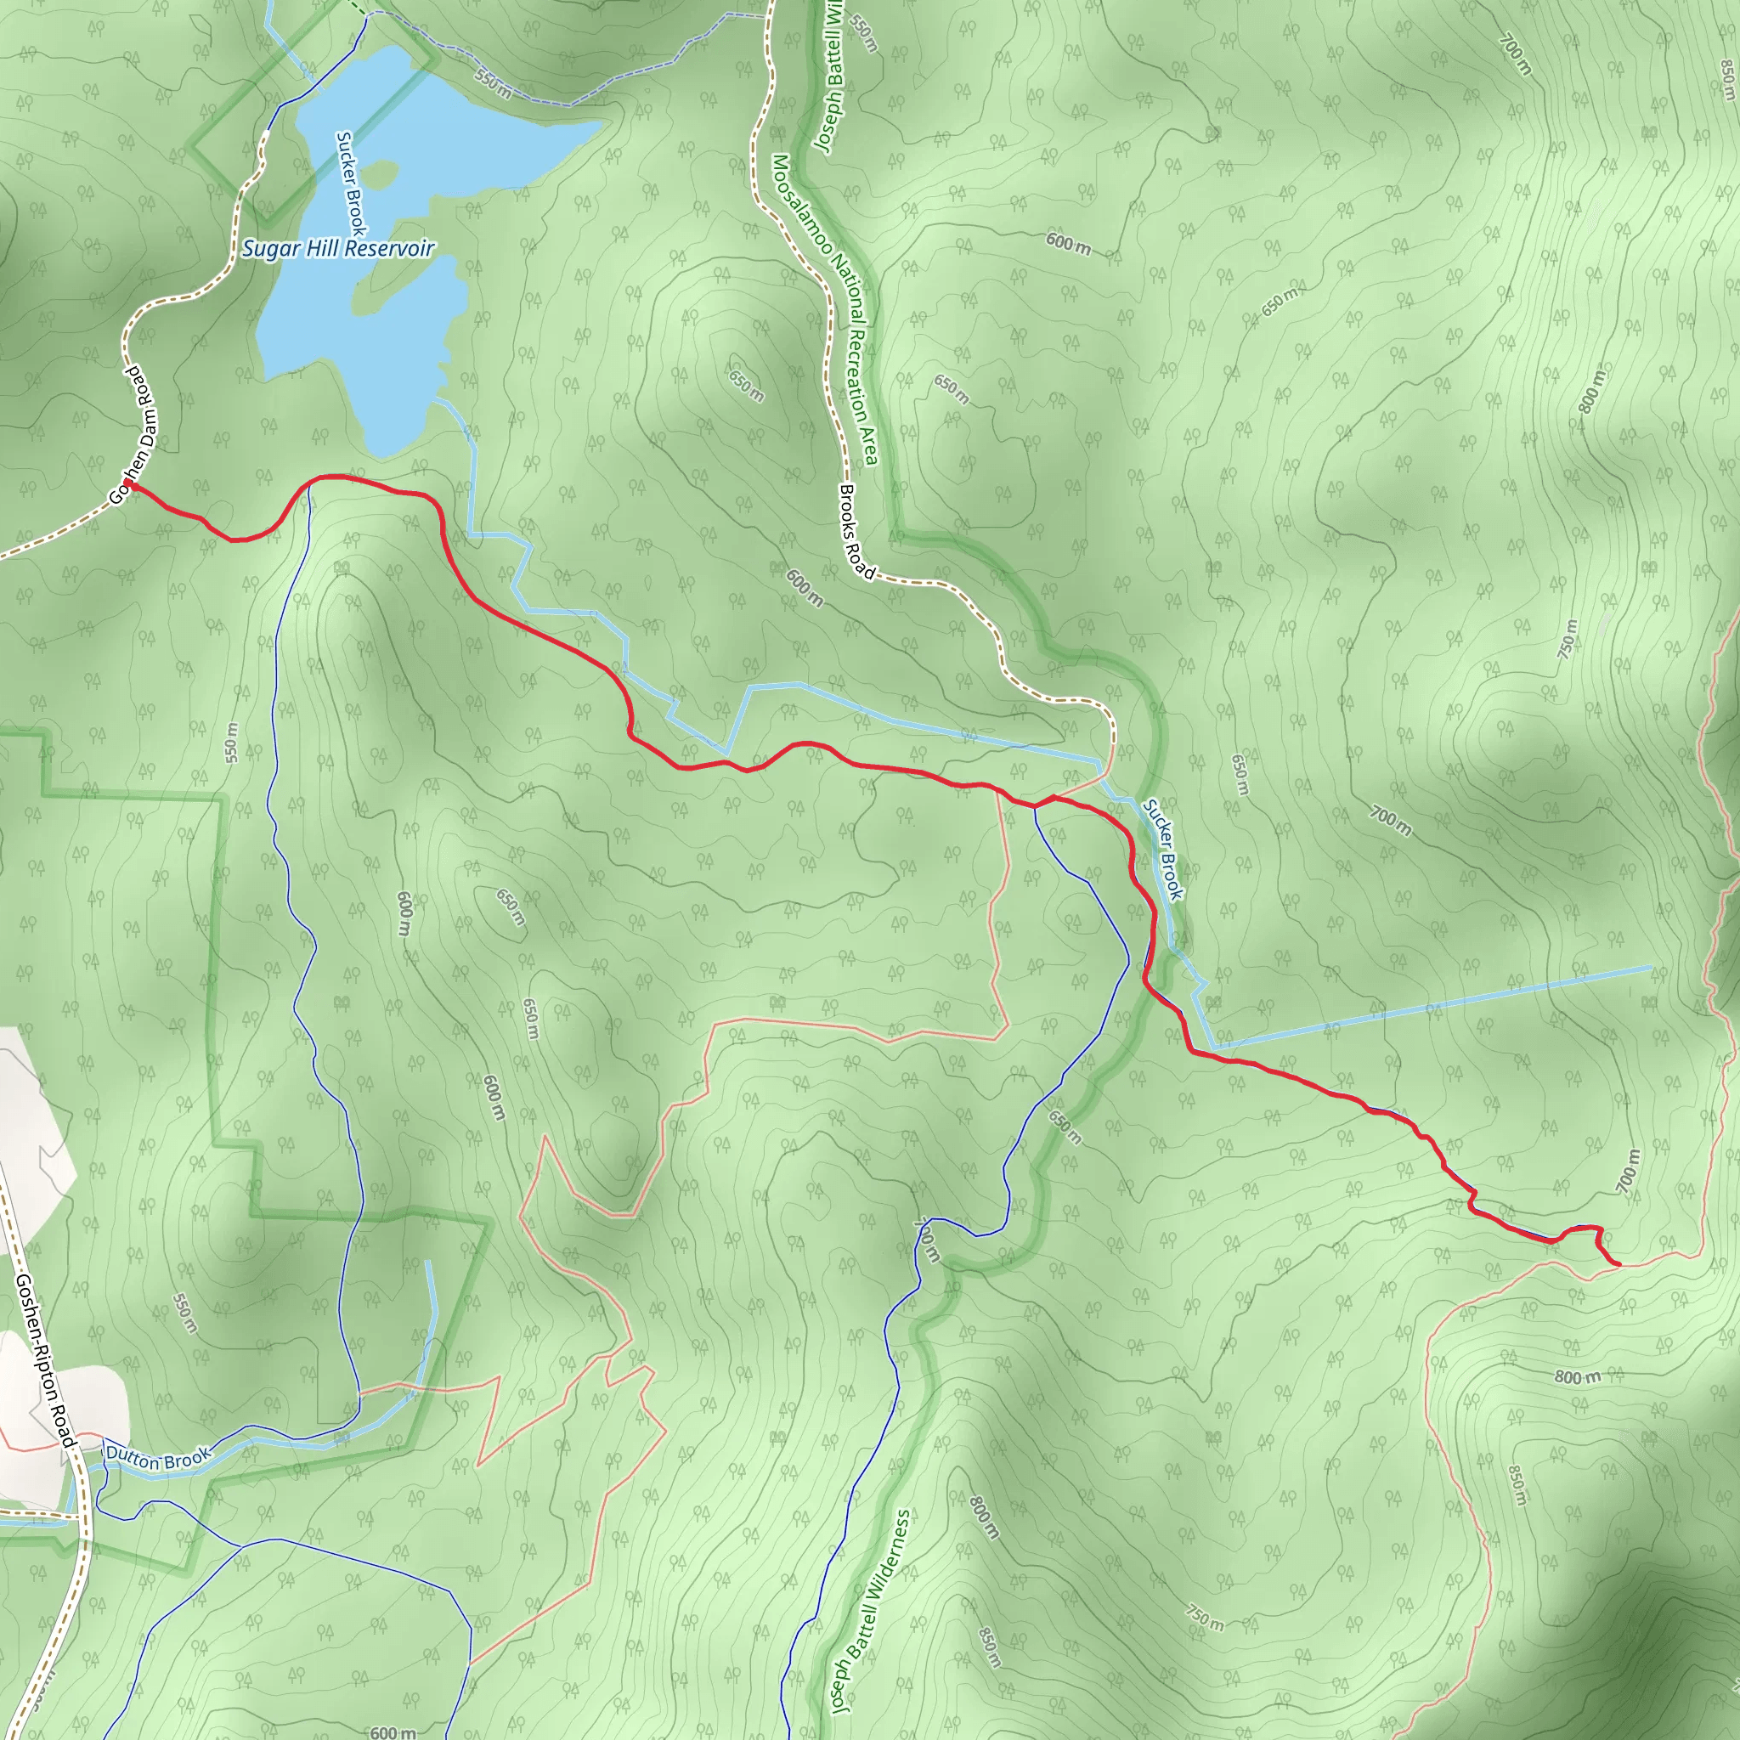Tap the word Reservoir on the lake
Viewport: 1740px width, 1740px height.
tap(388, 248)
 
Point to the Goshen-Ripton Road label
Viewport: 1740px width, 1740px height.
tap(44, 1361)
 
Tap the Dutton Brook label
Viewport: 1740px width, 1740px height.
tap(158, 1456)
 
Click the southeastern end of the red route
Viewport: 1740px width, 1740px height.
tap(1619, 1264)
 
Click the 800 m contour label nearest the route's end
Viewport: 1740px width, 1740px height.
tap(1577, 1377)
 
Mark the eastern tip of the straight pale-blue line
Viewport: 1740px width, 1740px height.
tap(1651, 969)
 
